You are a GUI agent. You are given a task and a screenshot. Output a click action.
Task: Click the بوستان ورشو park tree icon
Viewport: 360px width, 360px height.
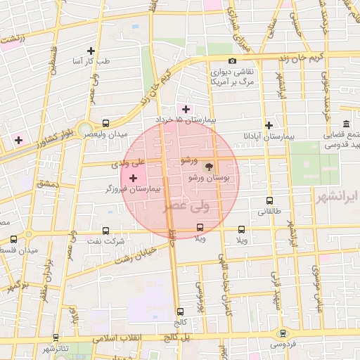click(x=208, y=167)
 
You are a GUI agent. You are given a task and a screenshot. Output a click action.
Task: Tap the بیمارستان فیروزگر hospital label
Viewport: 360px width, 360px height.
click(x=133, y=189)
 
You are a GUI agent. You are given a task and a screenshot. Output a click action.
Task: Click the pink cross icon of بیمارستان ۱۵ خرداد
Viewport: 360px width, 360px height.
click(x=186, y=109)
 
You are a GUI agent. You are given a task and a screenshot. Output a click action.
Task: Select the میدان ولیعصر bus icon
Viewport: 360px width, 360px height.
click(x=105, y=122)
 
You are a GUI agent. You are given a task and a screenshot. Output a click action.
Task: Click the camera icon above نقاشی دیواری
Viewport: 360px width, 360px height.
click(x=233, y=61)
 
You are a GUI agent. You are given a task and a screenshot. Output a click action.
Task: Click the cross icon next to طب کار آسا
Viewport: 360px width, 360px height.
click(x=90, y=51)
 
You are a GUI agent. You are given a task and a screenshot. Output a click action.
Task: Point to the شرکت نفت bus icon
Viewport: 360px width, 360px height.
click(x=105, y=230)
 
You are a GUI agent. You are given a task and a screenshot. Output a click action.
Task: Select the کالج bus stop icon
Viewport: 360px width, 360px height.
click(x=181, y=311)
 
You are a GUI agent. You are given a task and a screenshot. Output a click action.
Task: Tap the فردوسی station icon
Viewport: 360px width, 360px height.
click(x=283, y=334)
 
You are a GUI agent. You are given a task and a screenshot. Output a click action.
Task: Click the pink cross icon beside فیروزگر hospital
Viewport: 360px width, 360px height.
click(x=134, y=179)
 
